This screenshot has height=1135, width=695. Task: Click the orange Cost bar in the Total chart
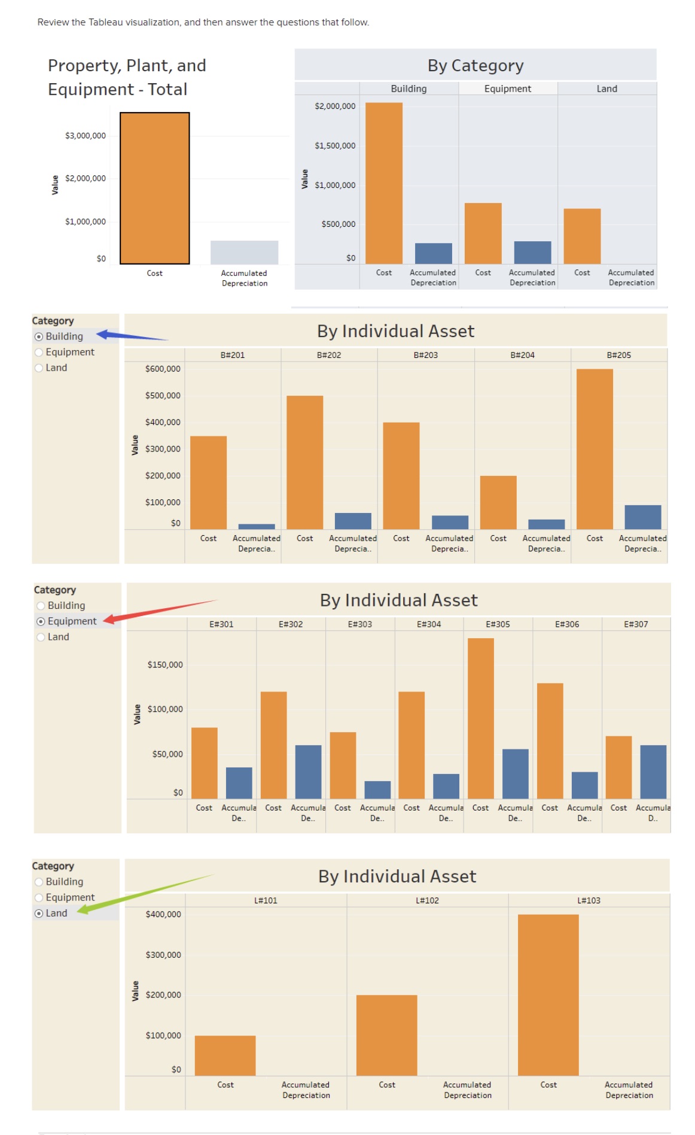click(154, 188)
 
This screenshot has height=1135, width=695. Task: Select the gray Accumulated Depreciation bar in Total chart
click(244, 252)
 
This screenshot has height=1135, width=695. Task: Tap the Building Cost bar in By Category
click(383, 183)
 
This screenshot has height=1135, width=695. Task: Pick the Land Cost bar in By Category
click(581, 236)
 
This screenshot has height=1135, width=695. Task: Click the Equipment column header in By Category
click(507, 89)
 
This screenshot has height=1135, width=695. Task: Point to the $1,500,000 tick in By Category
click(335, 145)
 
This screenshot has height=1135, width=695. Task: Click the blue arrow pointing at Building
click(132, 336)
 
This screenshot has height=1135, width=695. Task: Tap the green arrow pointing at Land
click(144, 892)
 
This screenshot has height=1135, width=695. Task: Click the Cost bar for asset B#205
click(594, 449)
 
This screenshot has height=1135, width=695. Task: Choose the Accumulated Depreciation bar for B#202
click(352, 521)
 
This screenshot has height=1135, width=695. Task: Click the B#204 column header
click(522, 355)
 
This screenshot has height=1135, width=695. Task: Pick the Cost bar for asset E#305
click(480, 718)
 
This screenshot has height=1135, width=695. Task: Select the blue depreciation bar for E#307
click(653, 772)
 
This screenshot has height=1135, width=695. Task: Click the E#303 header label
click(359, 624)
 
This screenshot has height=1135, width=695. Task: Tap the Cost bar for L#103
click(548, 994)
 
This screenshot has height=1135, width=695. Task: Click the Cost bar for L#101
click(225, 1055)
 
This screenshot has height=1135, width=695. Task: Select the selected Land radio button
click(39, 913)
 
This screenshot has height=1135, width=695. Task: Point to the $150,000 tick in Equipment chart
click(165, 664)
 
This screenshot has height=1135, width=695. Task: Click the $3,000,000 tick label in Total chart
click(85, 136)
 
